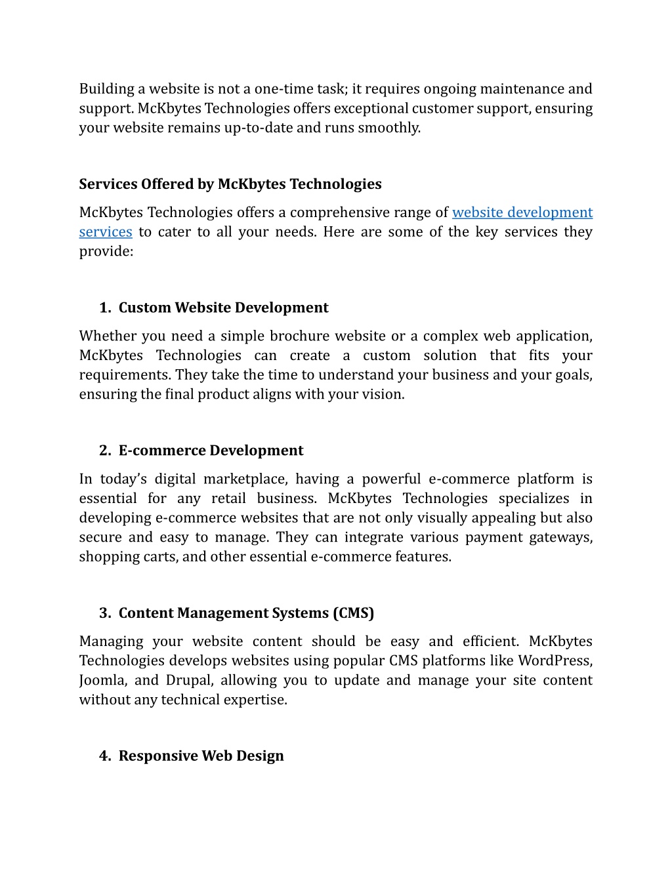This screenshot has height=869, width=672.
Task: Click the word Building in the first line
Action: (x=106, y=89)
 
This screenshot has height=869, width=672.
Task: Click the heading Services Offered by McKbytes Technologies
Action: (x=230, y=184)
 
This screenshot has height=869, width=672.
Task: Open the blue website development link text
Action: (x=522, y=212)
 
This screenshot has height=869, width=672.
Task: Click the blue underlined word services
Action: (x=106, y=232)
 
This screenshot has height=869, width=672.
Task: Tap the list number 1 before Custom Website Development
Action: (x=104, y=308)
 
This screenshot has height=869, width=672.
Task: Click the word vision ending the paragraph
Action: (x=385, y=395)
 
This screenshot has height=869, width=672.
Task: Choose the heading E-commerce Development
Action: (x=211, y=451)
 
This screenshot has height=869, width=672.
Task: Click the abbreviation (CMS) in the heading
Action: (x=353, y=613)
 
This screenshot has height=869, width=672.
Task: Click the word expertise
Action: (x=257, y=700)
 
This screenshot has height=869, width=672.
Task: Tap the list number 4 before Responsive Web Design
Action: (x=104, y=756)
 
